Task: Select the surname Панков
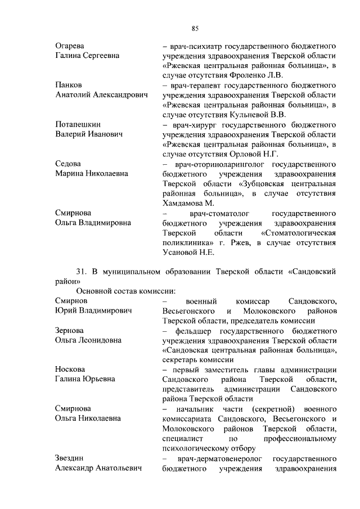click(x=69, y=84)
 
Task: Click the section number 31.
click(x=82, y=271)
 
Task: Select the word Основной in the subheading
click(x=95, y=291)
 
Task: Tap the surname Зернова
click(x=69, y=330)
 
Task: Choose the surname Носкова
click(x=70, y=370)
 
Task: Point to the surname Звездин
click(x=70, y=459)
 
